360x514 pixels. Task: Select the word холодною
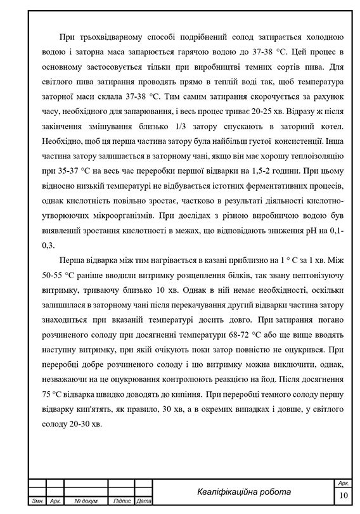tap(323, 36)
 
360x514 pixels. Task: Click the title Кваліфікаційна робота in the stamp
tap(244, 492)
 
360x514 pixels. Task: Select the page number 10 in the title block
tap(344, 495)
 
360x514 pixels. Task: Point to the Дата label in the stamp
tap(143, 502)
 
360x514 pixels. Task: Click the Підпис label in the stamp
tap(121, 502)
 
